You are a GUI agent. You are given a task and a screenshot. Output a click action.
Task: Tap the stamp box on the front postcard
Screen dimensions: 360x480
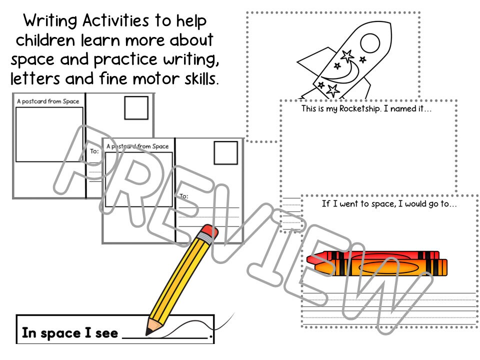click(225, 153)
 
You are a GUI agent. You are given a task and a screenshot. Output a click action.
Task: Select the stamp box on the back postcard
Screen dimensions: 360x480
click(136, 108)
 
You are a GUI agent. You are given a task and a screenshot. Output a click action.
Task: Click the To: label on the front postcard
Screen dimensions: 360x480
click(184, 196)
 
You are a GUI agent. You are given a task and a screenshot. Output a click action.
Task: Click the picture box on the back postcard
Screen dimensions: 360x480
click(49, 134)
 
